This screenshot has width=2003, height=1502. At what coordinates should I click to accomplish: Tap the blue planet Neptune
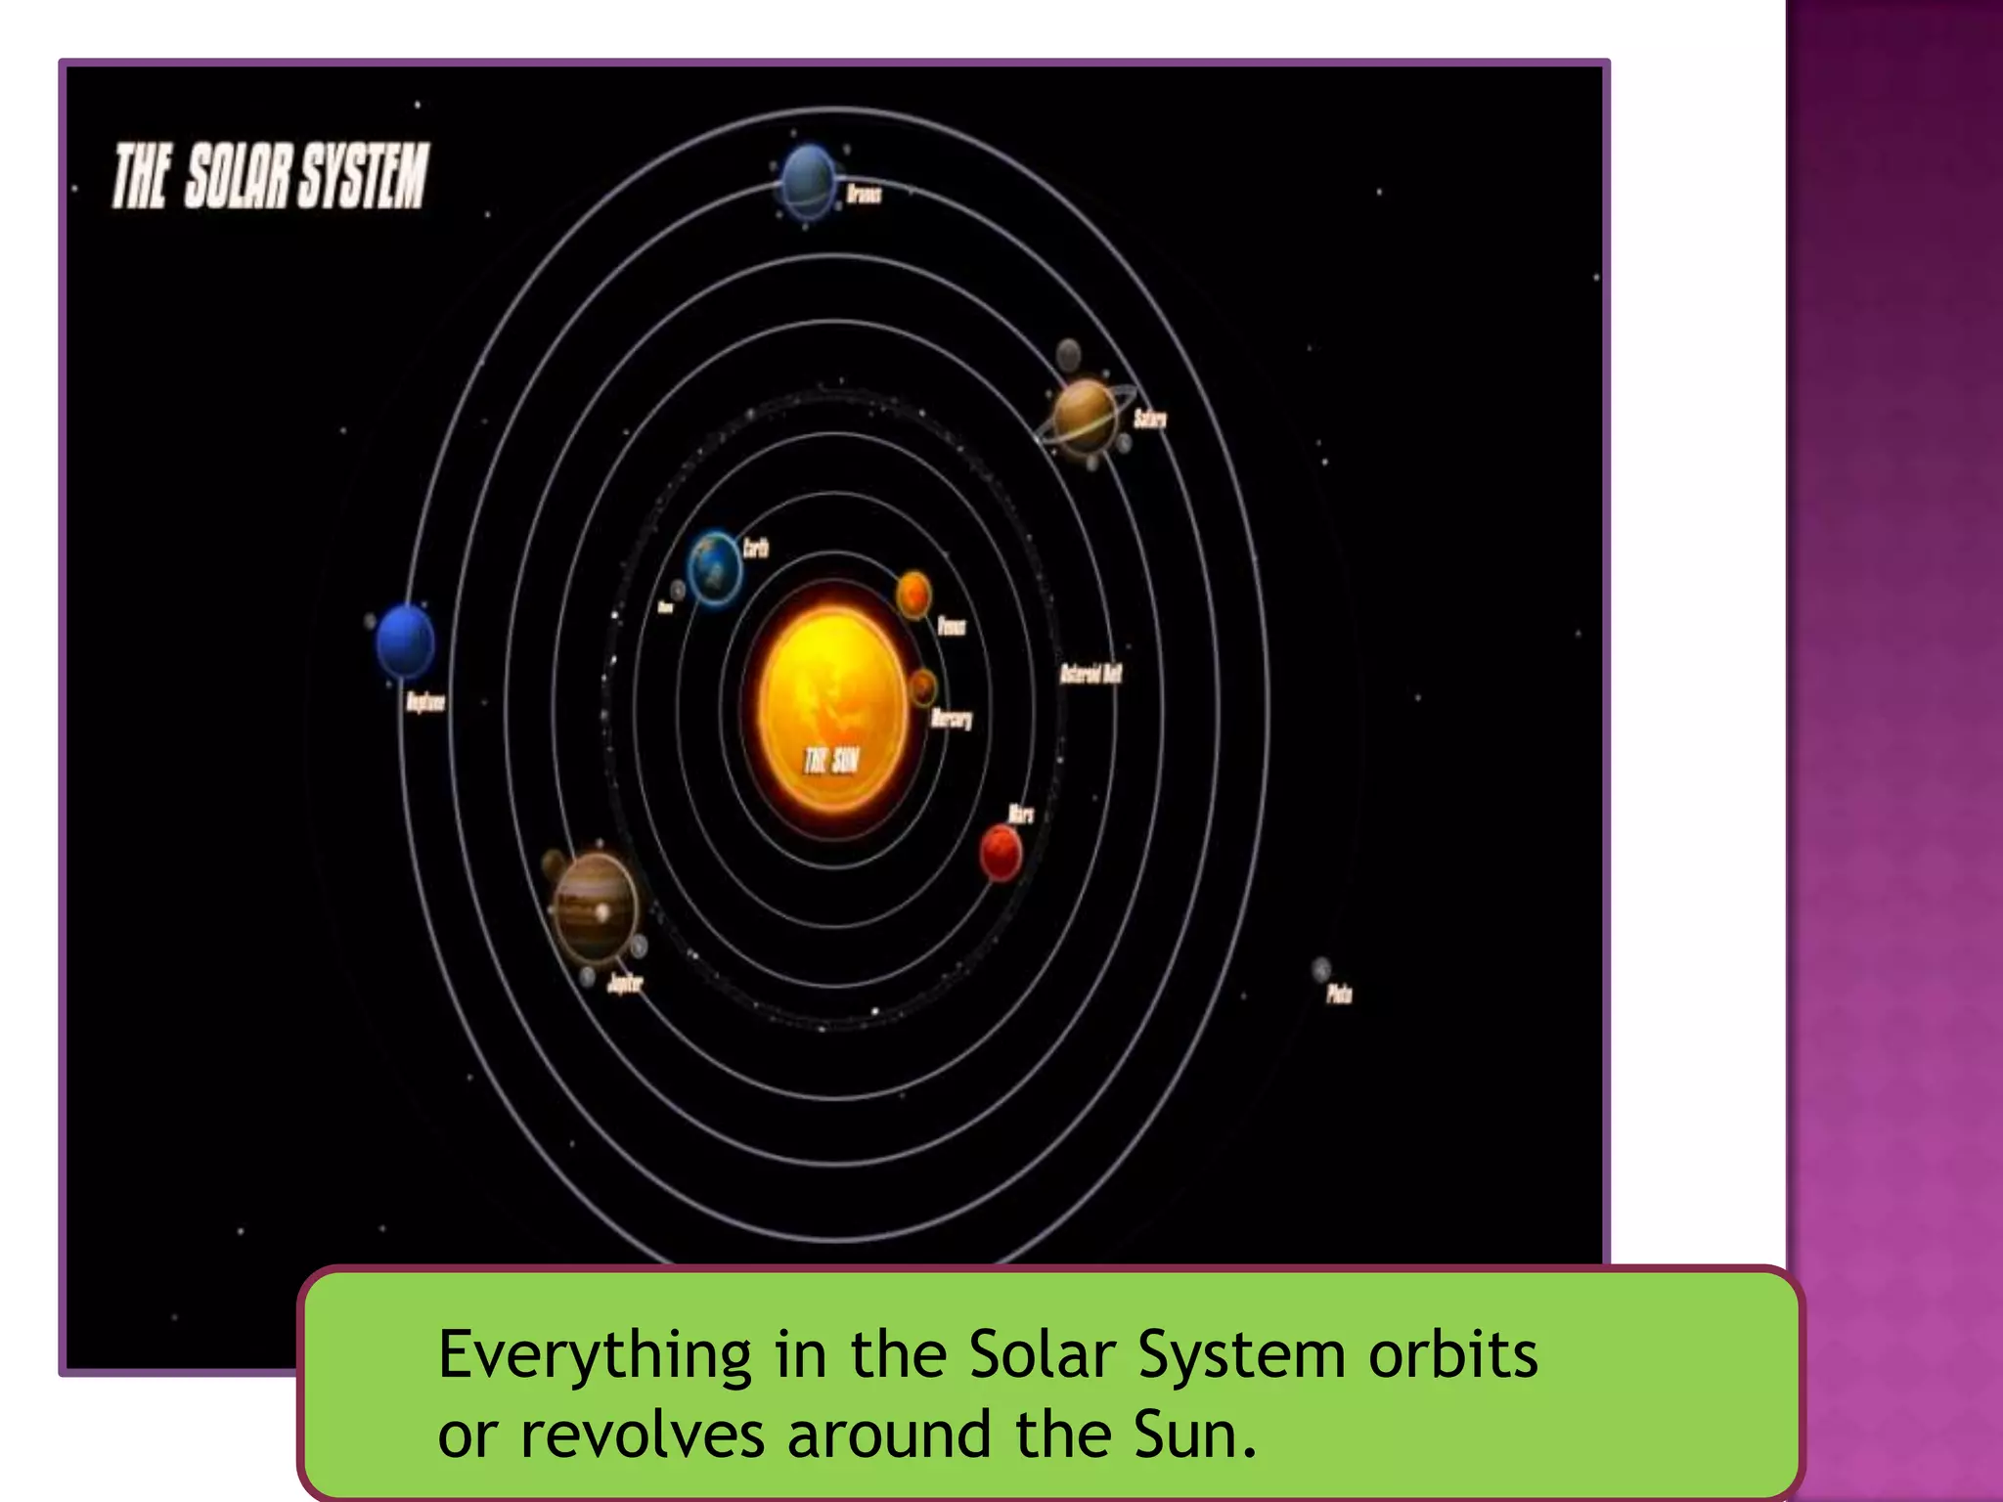pyautogui.click(x=405, y=641)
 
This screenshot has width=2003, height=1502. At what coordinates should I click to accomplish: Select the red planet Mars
pyautogui.click(x=1001, y=853)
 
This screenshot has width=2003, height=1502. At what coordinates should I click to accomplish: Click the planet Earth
pyautogui.click(x=715, y=567)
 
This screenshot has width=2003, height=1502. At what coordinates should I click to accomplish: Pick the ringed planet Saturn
pyautogui.click(x=1084, y=416)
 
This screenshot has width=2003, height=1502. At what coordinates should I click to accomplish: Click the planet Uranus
pyautogui.click(x=809, y=182)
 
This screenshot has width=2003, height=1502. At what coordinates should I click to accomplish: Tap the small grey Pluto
pyautogui.click(x=1320, y=969)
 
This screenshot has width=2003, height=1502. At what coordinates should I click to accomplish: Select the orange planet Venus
pyautogui.click(x=913, y=594)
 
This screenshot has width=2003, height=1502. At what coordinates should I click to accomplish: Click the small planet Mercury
pyautogui.click(x=922, y=687)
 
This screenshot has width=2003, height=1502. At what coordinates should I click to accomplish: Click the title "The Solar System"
pyautogui.click(x=270, y=176)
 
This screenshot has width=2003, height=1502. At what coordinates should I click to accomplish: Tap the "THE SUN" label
pyautogui.click(x=831, y=760)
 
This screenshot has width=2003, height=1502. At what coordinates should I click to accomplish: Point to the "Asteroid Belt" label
pyautogui.click(x=1091, y=674)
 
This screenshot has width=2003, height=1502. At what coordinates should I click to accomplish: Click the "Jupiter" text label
pyautogui.click(x=625, y=983)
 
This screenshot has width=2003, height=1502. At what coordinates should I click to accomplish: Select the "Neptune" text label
pyautogui.click(x=425, y=702)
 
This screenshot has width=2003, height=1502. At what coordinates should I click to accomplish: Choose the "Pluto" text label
pyautogui.click(x=1339, y=994)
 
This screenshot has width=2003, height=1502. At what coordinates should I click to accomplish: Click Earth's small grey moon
pyautogui.click(x=678, y=590)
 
